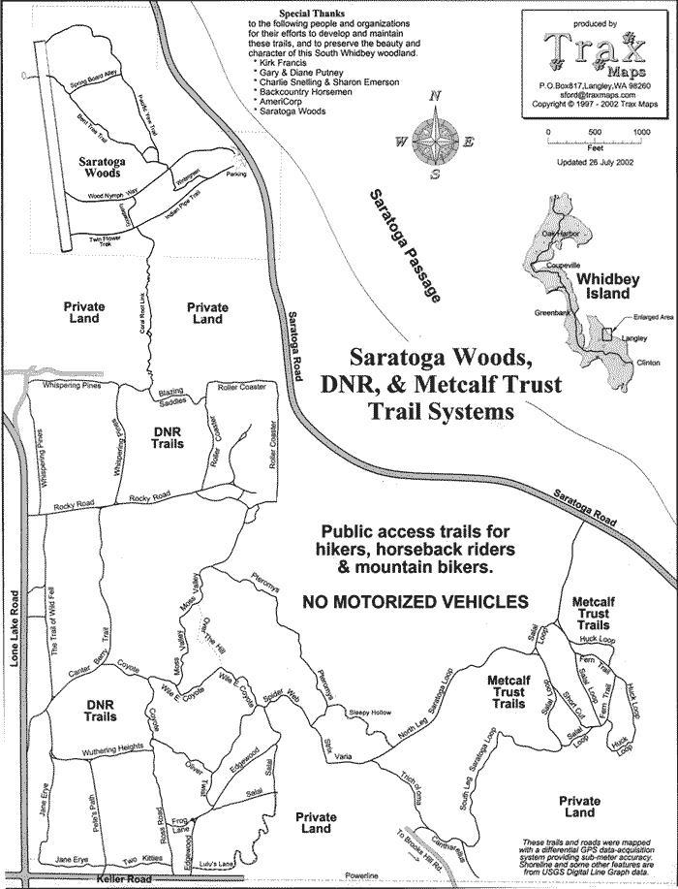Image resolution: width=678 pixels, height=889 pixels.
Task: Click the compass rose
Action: pos(435,141)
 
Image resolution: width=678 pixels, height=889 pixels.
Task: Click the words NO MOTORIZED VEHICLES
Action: pos(416,601)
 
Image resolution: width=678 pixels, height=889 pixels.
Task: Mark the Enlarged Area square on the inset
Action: pos(606,333)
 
